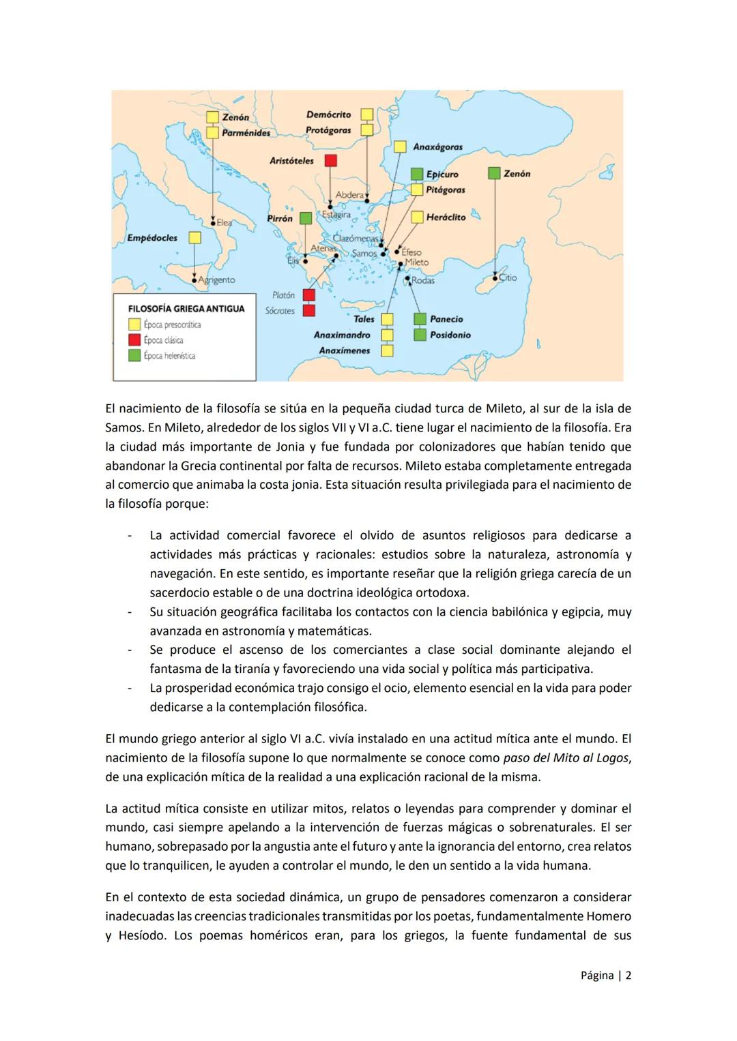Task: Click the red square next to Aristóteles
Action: pos(330,161)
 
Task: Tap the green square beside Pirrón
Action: pos(306,218)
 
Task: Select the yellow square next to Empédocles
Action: pos(194,238)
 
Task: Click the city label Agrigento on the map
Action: pos(217,280)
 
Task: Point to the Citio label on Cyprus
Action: pos(508,278)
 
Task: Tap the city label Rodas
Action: pos(423,280)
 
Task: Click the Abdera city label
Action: pos(349,195)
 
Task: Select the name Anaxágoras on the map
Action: pos(437,147)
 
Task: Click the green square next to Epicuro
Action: pos(416,175)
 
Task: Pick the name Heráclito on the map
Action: pos(446,217)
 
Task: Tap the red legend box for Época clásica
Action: pos(134,340)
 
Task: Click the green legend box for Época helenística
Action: pos(134,355)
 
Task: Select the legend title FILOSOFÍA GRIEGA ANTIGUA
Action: pos(186,309)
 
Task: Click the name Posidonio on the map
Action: pos(450,335)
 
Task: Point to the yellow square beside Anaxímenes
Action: pos(387,350)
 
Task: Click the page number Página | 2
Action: pos(605,976)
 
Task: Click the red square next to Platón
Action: pos(308,295)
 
